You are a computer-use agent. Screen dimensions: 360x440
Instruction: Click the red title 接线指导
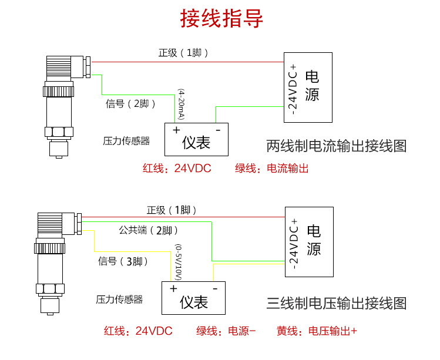click(221, 19)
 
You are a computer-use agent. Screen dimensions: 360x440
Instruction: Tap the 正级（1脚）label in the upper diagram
click(183, 53)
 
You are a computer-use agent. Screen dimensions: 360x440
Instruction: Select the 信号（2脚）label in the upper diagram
click(130, 104)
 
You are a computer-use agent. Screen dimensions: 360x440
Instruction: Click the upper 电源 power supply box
click(308, 87)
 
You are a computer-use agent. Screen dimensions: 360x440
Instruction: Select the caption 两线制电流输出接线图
click(336, 146)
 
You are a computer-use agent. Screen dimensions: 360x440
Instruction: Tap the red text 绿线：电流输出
click(271, 169)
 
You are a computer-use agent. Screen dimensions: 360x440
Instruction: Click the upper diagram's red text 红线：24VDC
click(177, 169)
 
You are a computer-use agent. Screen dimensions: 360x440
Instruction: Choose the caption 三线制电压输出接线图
click(336, 304)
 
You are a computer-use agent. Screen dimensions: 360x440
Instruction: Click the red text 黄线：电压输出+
click(317, 331)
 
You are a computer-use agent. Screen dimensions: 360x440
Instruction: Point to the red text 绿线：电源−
click(226, 331)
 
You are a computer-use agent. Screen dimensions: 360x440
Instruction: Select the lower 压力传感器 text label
click(119, 300)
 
